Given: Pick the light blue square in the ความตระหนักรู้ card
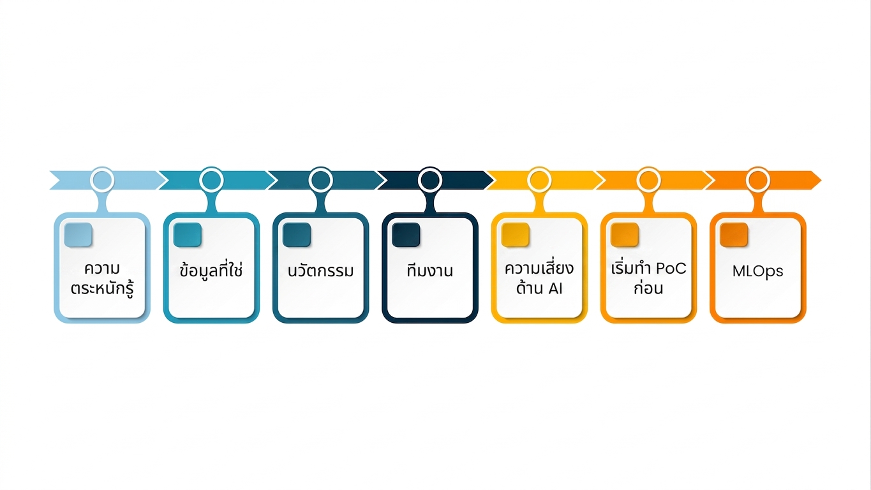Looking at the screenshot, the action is click(x=78, y=235).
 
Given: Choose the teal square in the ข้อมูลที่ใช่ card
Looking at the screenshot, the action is click(x=188, y=235).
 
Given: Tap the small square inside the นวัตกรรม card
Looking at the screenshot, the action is click(x=297, y=235).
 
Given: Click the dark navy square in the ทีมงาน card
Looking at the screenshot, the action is click(x=406, y=235).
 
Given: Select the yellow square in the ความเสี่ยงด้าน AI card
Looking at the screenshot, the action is click(x=515, y=235).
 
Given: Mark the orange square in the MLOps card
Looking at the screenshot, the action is click(x=734, y=235).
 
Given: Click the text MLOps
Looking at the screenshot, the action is click(x=757, y=272).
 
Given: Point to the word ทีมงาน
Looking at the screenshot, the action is click(x=429, y=271).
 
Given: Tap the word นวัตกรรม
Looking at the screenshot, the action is click(x=321, y=271).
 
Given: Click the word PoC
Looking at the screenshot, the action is click(x=671, y=269).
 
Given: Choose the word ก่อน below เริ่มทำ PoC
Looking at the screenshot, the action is click(x=648, y=288).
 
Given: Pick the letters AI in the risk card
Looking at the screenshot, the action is click(x=555, y=289).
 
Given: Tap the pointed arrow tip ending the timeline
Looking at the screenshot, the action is click(x=821, y=180).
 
